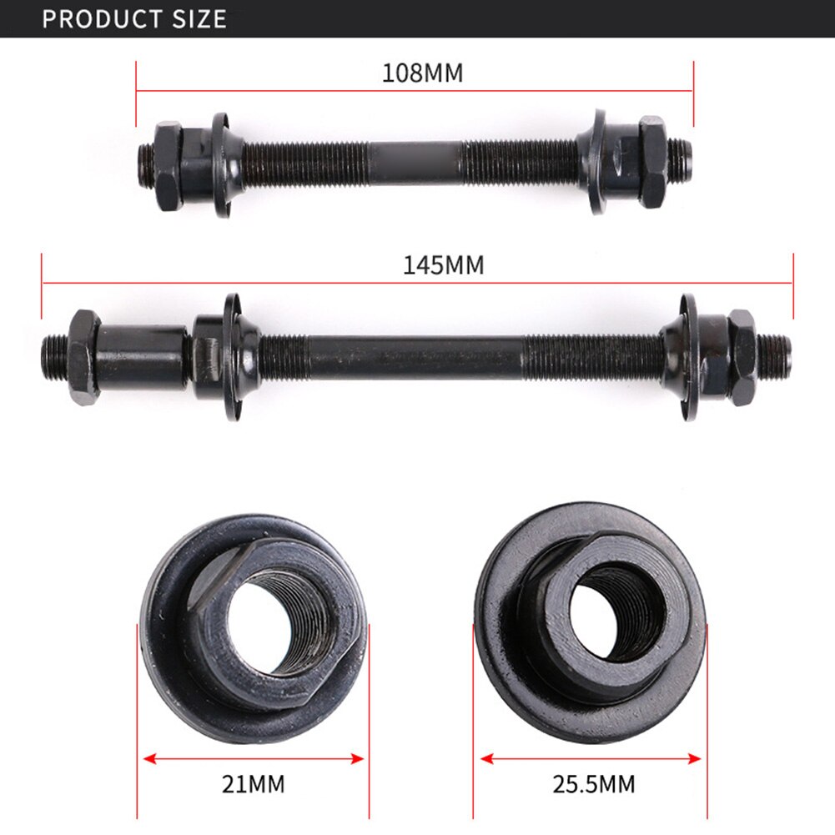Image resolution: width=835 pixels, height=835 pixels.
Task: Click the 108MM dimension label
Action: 422,73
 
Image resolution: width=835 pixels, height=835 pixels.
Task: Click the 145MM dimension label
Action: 443,265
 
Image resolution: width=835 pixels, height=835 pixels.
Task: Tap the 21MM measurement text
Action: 254,784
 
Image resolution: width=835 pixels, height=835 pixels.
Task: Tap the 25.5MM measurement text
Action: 593,784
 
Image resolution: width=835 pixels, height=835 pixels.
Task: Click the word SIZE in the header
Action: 199,18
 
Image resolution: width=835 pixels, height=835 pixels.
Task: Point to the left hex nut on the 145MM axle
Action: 83,356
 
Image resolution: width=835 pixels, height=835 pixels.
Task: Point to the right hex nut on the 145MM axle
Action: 741,356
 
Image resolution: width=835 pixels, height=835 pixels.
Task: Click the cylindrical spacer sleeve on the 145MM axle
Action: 142,355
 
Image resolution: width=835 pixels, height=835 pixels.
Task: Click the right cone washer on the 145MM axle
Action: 689,356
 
